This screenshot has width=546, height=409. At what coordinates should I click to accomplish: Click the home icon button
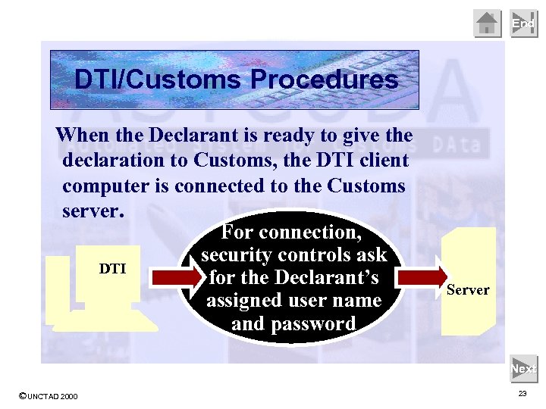pos(488,23)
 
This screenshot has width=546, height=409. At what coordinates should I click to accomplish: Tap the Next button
pos(523,369)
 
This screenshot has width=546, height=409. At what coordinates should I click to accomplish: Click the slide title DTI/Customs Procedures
pos(236,80)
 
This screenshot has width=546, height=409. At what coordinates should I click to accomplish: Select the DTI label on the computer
pos(113,268)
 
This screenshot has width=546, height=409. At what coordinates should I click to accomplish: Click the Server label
pos(468,289)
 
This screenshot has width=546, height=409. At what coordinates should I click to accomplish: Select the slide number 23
pos(522,394)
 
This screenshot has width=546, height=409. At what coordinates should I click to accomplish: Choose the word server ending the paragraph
pos(90,210)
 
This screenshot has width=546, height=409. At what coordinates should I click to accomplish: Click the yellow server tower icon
pos(469,280)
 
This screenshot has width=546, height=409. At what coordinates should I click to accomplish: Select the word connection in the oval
pos(311,232)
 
